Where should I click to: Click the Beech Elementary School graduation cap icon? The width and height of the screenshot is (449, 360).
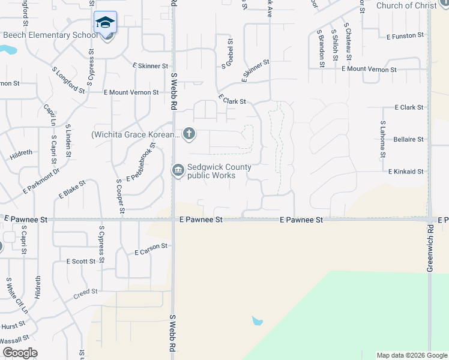coord(106,23)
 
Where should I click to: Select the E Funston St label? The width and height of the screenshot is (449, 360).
coord(405,37)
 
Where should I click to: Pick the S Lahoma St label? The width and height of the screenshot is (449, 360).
coord(382,139)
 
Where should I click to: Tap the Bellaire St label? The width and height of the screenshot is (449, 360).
coord(408,140)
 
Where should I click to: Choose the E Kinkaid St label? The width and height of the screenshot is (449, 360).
coord(406,172)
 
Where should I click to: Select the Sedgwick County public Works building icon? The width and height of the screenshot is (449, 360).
coord(178,171)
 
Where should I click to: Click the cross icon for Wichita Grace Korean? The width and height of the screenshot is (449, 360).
coord(189,133)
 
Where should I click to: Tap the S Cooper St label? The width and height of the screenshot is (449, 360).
coord(121,195)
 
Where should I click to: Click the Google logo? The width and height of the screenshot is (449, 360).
coord(19,353)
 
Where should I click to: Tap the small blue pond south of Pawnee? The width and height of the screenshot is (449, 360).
coord(258,321)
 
